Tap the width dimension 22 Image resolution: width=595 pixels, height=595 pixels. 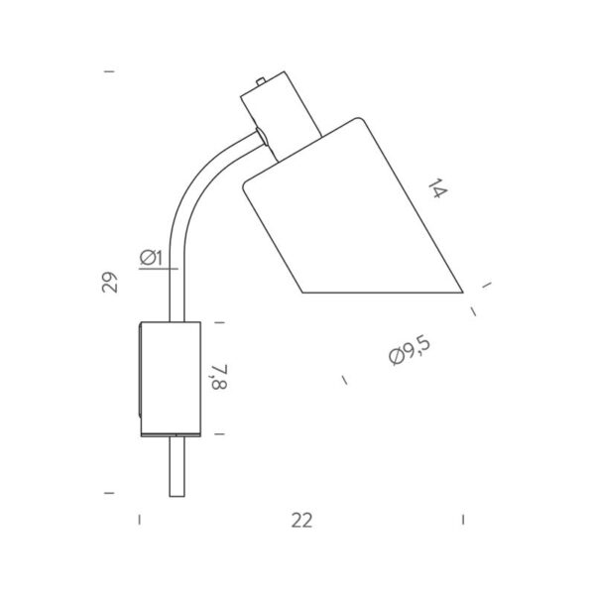coord(301,521)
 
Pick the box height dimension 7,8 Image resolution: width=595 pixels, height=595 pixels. coord(220,378)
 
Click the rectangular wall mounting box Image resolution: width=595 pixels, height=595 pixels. coord(170,378)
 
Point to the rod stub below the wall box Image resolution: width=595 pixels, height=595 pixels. coord(177,466)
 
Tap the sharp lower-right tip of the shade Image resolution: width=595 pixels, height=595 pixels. coord(462,292)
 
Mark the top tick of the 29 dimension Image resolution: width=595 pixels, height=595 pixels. coord(109,71)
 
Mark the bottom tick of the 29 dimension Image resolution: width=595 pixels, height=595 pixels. coord(109,492)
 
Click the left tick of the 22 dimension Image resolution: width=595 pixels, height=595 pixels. coord(139,519)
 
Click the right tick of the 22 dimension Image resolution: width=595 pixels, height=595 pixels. coord(463,519)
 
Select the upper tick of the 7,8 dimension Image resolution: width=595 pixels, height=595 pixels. coord(220,322)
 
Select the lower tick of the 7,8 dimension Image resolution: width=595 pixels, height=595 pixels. coord(220,434)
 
